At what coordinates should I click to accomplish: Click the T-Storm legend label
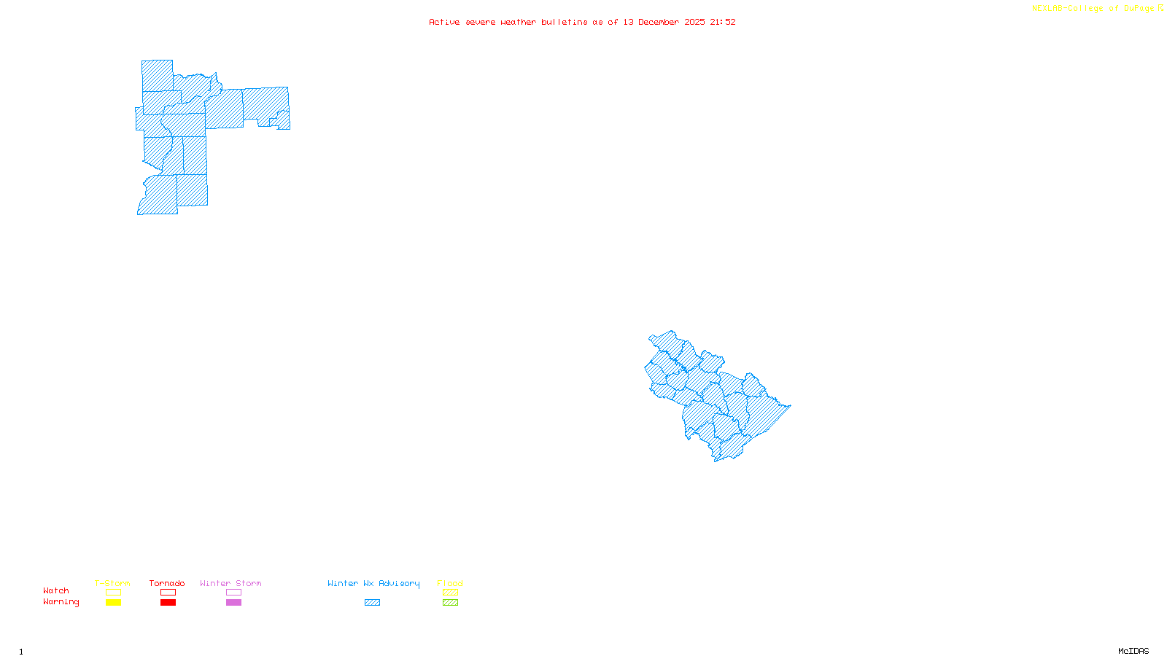click(x=112, y=583)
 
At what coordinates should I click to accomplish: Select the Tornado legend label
click(x=167, y=583)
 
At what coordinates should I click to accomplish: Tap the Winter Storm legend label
click(x=230, y=583)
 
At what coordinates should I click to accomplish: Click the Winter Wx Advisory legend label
click(x=373, y=583)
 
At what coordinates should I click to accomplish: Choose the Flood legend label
click(x=450, y=583)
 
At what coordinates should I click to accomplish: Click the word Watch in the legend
click(x=56, y=590)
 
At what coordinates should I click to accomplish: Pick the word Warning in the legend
click(x=61, y=602)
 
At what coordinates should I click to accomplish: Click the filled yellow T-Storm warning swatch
click(x=113, y=603)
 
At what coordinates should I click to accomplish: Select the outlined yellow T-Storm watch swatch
click(x=113, y=593)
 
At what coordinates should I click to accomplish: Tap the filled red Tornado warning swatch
click(x=168, y=603)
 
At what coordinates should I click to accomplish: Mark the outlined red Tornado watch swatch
click(x=168, y=593)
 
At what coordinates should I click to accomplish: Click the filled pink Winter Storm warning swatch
click(x=233, y=603)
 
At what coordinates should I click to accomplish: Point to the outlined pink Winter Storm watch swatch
click(x=233, y=593)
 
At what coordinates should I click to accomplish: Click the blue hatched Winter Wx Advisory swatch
click(x=372, y=603)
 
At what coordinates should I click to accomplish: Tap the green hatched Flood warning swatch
click(x=450, y=603)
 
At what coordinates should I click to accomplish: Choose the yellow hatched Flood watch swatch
click(x=450, y=593)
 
